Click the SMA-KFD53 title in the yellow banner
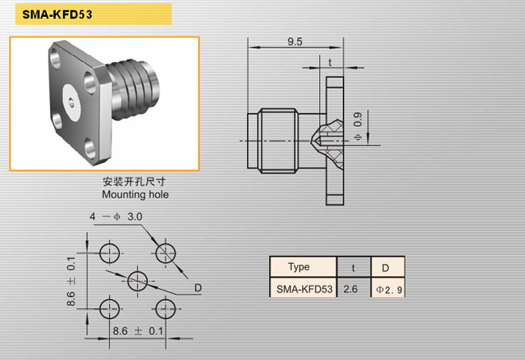click(57, 15)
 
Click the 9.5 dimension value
click(295, 41)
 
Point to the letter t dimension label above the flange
click(330, 63)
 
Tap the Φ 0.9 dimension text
click(358, 127)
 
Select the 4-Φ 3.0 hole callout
click(115, 216)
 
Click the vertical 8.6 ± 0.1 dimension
click(71, 282)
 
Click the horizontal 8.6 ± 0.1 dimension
click(138, 331)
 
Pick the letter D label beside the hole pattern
click(198, 287)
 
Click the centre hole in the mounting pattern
click(137, 281)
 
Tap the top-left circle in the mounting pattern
click(110, 253)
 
